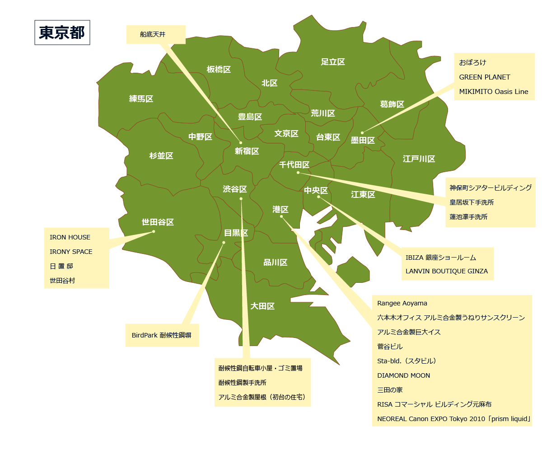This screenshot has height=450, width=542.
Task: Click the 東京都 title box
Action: pos(62,33)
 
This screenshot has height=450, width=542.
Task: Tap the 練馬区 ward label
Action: pos(141,99)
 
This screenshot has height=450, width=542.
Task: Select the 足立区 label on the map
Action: pos(333,62)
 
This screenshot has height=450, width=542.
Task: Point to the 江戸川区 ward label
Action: pos(419,159)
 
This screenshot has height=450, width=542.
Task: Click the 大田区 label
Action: pos(262,306)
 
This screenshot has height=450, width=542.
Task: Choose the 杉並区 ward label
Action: pos(161,156)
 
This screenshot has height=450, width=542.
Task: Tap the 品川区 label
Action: pos(276,262)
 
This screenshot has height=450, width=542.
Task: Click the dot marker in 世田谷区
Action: pos(154,232)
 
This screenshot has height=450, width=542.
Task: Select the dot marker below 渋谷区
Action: pos(241,199)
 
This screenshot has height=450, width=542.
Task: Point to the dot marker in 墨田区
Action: pos(362,133)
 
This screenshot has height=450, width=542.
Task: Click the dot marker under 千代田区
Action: pos(298,173)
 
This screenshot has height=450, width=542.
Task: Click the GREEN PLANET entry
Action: pos(485,77)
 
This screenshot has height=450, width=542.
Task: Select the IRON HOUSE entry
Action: pos(70,237)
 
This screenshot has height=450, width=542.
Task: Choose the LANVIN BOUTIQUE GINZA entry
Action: pos(447,271)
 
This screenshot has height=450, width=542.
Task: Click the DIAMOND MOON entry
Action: pos(404,375)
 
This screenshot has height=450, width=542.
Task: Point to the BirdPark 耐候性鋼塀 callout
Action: pos(162,335)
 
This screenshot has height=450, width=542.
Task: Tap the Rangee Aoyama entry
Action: pos(402,303)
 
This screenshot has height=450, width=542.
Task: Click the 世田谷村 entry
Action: pos(62,281)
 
